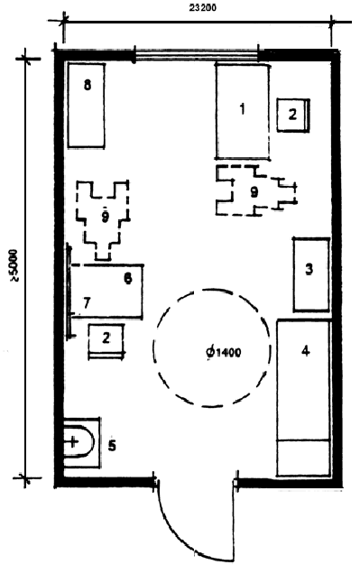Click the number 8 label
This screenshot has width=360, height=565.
[x=88, y=86]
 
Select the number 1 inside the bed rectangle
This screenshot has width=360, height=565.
[x=243, y=108]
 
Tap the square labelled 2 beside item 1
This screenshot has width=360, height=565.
[x=293, y=115]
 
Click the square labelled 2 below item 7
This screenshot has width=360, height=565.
[x=106, y=341]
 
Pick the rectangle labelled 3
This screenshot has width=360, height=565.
[x=311, y=274]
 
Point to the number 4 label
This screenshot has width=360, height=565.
[x=306, y=350]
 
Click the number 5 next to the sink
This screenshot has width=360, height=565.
[x=112, y=446]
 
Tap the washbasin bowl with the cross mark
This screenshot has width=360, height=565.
[x=78, y=442]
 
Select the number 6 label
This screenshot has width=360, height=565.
[x=128, y=278]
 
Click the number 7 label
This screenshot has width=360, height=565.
[x=86, y=304]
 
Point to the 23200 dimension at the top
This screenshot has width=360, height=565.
[x=203, y=7]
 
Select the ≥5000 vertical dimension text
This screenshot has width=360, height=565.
[x=14, y=264]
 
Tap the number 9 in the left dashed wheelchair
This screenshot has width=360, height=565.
[x=105, y=217]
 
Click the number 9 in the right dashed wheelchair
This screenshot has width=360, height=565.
[x=254, y=192]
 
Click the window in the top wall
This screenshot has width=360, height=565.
[x=197, y=55]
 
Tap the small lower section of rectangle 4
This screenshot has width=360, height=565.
[x=303, y=458]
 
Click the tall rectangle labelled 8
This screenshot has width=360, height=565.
[x=87, y=106]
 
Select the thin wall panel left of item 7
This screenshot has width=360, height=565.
[x=69, y=292]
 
